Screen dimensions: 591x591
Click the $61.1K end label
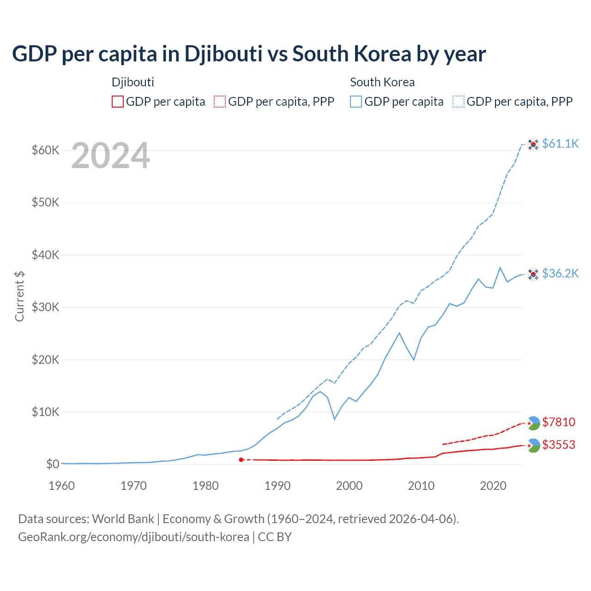[560, 144]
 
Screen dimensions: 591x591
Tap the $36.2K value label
[560, 273]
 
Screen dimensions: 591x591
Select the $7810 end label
[559, 422]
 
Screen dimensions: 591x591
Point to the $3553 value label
[559, 445]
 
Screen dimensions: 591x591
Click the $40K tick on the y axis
[45, 255]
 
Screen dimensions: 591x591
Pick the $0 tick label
[53, 464]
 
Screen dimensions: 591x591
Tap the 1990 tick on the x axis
[277, 486]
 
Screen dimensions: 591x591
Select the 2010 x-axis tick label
[421, 486]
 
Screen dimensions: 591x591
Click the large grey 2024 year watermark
[110, 156]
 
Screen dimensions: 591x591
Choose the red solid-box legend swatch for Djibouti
[118, 102]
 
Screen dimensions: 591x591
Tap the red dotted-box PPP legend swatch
[220, 102]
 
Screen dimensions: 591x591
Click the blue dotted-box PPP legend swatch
[458, 102]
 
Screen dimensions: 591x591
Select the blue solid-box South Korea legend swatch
[356, 102]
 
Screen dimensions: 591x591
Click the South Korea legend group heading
[382, 82]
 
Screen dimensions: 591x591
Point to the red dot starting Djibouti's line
[241, 460]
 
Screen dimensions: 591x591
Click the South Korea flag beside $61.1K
[533, 145]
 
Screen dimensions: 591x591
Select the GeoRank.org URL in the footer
[133, 537]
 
